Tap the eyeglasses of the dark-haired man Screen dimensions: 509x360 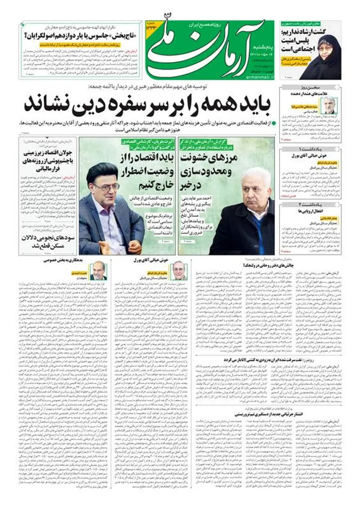[x=102, y=188]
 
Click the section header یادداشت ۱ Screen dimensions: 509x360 [x=310, y=149]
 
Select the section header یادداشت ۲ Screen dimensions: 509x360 [x=310, y=204]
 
